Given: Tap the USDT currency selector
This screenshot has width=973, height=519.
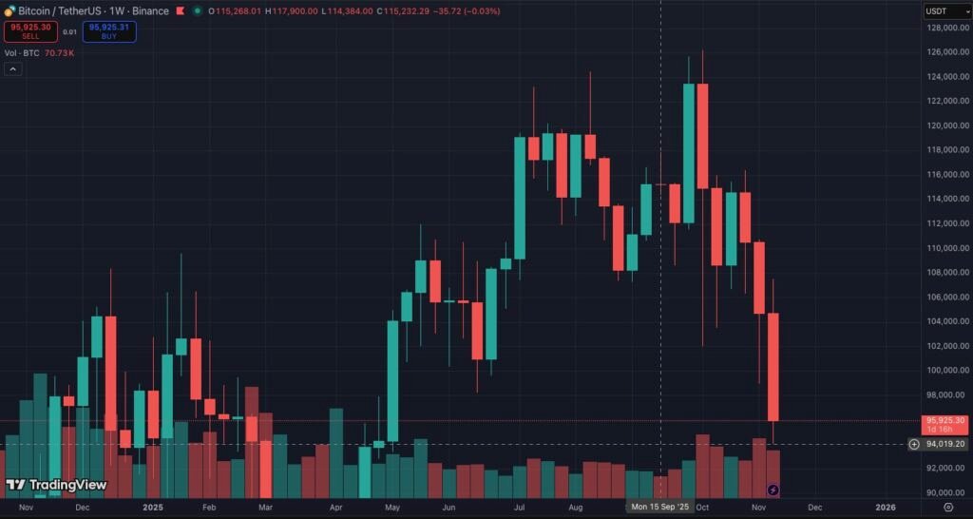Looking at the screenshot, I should (x=937, y=10).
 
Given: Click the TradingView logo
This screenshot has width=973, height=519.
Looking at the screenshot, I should (x=56, y=485).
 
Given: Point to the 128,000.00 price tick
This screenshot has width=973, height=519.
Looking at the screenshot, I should (x=942, y=27).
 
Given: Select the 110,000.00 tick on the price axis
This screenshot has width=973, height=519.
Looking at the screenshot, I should (x=942, y=248).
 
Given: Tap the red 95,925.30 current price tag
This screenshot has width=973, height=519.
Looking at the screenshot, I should (x=944, y=420).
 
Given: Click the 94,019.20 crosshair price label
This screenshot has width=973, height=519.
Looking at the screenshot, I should (x=945, y=444).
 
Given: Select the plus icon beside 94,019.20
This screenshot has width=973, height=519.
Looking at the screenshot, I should (x=914, y=444).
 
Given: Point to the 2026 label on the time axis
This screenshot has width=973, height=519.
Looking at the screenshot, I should (x=885, y=507).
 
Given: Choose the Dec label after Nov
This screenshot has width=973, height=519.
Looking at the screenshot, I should (x=814, y=507).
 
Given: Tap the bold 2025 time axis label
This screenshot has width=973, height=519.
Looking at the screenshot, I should (x=154, y=507).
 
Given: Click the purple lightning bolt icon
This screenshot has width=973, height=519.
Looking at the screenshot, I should (x=773, y=490).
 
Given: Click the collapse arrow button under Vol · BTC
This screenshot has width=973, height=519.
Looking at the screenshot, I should (x=12, y=69).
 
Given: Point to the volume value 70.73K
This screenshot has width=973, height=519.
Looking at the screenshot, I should (x=59, y=53).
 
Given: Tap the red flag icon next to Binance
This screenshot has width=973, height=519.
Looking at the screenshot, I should (x=180, y=11).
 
